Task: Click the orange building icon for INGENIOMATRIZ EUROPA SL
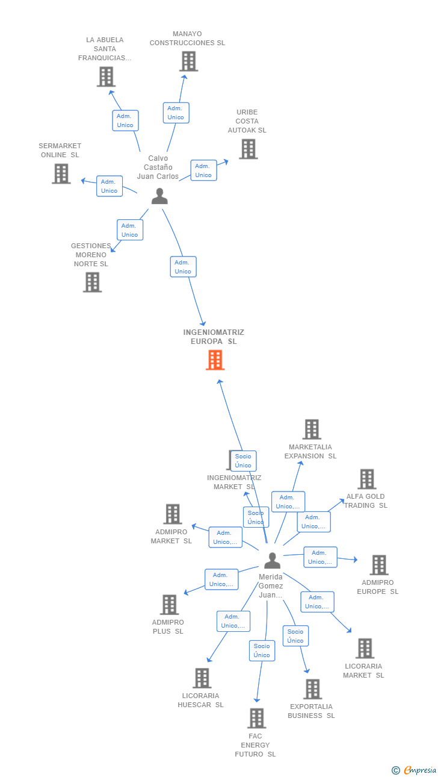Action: (215, 360)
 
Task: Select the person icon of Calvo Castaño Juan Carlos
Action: (159, 196)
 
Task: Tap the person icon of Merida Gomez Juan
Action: (273, 561)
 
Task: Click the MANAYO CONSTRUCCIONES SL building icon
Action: (188, 61)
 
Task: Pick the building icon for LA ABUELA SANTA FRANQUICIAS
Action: (106, 76)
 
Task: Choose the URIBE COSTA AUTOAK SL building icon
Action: (248, 149)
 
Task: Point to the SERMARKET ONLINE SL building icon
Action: (61, 173)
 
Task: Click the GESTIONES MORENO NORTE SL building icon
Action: (92, 282)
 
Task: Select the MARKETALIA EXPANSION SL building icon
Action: (311, 429)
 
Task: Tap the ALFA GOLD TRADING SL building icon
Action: (366, 479)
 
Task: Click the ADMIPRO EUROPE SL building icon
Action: (378, 565)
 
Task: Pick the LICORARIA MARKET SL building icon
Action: (365, 649)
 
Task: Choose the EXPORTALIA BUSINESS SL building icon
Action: (312, 689)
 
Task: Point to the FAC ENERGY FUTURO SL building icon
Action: (257, 718)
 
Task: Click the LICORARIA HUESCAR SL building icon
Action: (202, 678)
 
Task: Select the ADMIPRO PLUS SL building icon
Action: (170, 605)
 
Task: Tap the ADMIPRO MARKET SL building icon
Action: (173, 514)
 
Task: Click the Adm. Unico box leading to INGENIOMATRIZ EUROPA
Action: (183, 267)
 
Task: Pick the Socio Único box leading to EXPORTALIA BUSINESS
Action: (295, 636)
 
